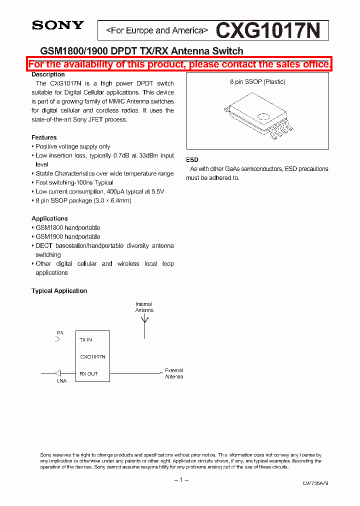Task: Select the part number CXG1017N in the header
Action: (267, 31)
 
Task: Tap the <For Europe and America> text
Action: (156, 31)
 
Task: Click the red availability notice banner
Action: (179, 64)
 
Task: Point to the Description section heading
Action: (48, 74)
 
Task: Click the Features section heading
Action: (44, 137)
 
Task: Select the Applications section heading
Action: (49, 218)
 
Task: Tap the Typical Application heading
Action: (59, 291)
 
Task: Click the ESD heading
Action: (192, 159)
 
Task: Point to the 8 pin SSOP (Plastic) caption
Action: (257, 82)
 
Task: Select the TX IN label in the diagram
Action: (86, 340)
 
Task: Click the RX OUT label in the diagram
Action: (88, 374)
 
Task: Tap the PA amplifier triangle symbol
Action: (58, 339)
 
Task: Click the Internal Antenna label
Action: (144, 307)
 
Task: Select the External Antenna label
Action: (174, 373)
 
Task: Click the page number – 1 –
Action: (181, 480)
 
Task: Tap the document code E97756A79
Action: (315, 483)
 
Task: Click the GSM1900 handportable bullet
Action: (67, 236)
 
